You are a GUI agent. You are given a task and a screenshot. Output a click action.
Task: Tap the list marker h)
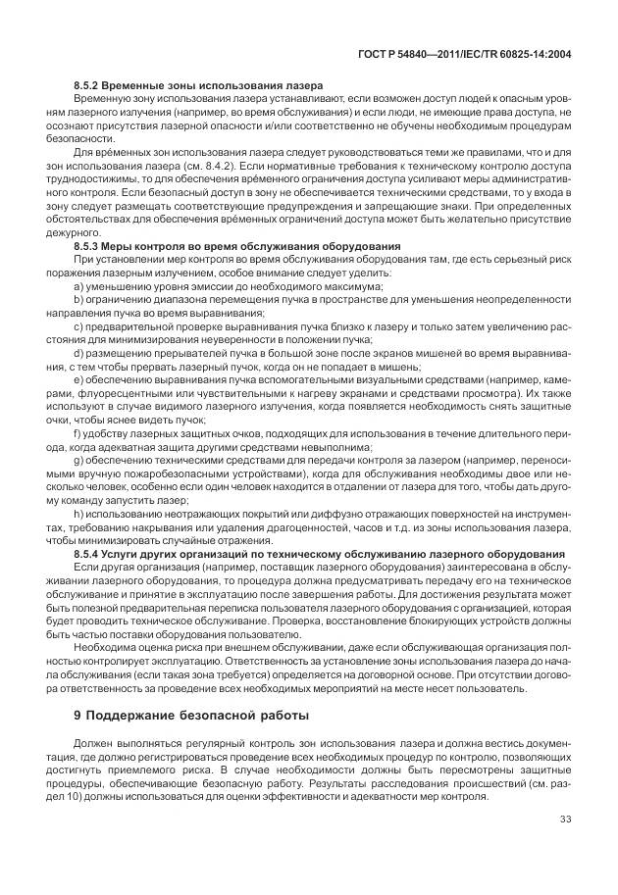[78, 515]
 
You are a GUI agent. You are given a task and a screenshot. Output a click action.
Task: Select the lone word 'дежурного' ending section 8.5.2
[85, 231]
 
